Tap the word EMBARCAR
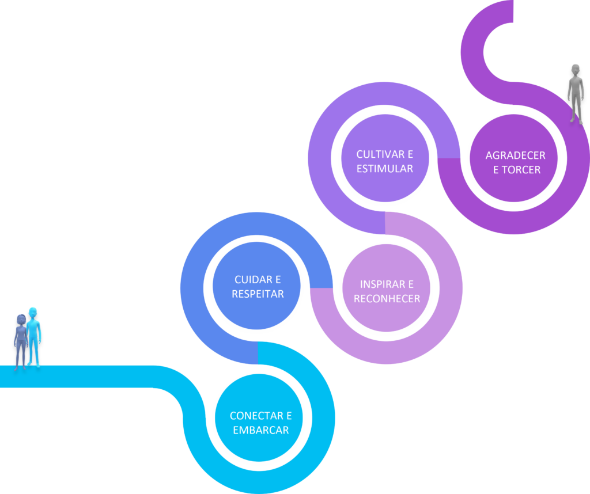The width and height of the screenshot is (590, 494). click(260, 430)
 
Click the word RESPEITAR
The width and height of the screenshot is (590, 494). click(258, 294)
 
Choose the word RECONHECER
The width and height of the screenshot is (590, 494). click(387, 299)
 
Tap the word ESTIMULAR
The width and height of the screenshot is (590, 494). click(384, 169)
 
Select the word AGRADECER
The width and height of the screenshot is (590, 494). click(515, 155)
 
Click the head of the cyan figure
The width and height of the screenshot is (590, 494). click(33, 313)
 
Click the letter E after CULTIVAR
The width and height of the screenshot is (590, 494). click(410, 154)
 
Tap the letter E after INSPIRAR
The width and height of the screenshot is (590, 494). click(410, 284)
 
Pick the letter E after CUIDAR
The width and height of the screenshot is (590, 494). click(278, 280)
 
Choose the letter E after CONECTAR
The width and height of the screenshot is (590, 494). click(289, 416)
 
